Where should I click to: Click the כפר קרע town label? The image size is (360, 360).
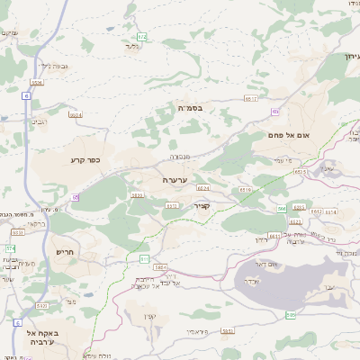tap(85, 161)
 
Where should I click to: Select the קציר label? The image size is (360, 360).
tap(201, 206)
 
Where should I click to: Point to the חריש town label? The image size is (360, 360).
tap(63, 251)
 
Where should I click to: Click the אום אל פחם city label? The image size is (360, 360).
tap(289, 134)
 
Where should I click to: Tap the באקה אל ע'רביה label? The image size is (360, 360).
tap(43, 337)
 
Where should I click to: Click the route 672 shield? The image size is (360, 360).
tap(142, 37)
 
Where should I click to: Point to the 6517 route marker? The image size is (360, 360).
tap(251, 98)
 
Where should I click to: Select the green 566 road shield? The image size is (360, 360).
tap(281, 209)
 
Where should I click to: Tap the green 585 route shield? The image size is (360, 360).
tap(290, 315)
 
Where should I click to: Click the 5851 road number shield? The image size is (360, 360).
tap(228, 330)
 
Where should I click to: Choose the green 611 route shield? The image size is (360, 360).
tap(144, 258)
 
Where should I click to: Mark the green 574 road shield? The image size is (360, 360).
tap(11, 248)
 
